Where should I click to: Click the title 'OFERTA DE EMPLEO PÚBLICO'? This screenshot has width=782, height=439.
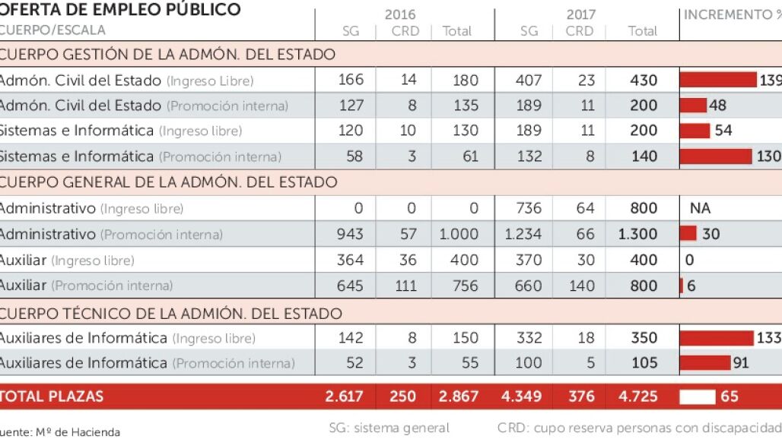pyautogui.click(x=120, y=10)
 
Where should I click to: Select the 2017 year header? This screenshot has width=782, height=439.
pyautogui.click(x=581, y=14)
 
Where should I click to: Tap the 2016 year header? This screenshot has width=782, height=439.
pyautogui.click(x=399, y=14)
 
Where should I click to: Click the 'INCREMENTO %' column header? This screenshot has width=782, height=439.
pyautogui.click(x=730, y=14)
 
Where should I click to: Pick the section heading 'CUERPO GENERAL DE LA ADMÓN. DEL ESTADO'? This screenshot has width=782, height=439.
pyautogui.click(x=168, y=182)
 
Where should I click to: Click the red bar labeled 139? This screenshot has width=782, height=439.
pyautogui.click(x=718, y=80)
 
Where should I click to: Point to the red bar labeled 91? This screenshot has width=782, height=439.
pyautogui.click(x=704, y=362)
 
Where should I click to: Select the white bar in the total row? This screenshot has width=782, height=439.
pyautogui.click(x=698, y=396)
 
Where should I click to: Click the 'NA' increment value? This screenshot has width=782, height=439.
pyautogui.click(x=699, y=208)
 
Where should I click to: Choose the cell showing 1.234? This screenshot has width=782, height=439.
pyautogui.click(x=524, y=234)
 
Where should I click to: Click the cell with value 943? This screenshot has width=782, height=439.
pyautogui.click(x=350, y=234)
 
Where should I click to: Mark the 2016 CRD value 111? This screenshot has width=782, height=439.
pyautogui.click(x=408, y=286)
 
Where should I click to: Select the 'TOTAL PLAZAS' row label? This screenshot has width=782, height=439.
pyautogui.click(x=52, y=396)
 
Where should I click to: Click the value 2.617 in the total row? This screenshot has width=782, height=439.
pyautogui.click(x=344, y=396)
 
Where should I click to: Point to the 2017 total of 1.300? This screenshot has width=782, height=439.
pyautogui.click(x=637, y=234)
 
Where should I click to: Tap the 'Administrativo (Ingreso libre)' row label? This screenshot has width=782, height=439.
pyautogui.click(x=91, y=208)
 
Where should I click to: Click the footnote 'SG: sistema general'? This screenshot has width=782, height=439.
pyautogui.click(x=389, y=428)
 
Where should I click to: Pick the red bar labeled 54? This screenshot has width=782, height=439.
pyautogui.click(x=695, y=131)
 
